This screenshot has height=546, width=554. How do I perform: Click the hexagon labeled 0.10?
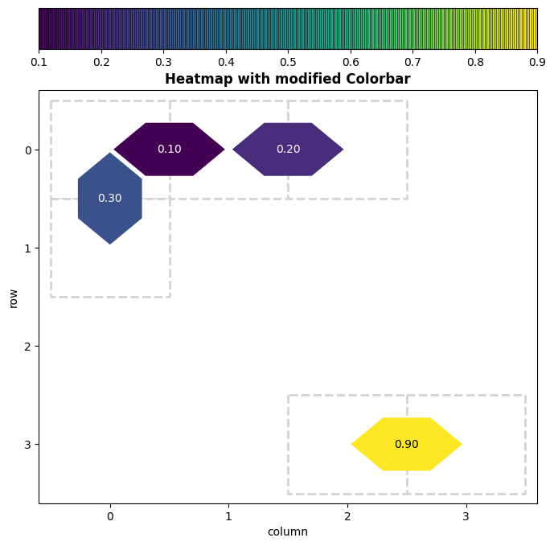click(169, 149)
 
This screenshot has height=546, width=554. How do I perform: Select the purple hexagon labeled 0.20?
click(288, 149)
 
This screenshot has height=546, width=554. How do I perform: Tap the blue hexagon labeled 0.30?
click(110, 199)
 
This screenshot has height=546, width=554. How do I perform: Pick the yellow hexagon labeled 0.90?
click(406, 444)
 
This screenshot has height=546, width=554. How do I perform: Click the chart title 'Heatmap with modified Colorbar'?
click(288, 79)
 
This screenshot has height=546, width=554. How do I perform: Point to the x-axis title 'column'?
click(288, 532)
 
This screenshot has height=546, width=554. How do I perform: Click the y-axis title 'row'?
click(13, 298)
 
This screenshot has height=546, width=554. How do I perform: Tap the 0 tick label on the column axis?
click(110, 515)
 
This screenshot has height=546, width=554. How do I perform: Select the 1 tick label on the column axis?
click(228, 515)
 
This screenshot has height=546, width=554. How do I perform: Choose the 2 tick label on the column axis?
click(347, 515)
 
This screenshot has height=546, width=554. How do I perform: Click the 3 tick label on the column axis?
click(466, 515)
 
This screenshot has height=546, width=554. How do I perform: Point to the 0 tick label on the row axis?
click(27, 150)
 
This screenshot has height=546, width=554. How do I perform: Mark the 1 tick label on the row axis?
click(27, 248)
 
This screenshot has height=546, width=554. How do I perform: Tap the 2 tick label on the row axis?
click(27, 346)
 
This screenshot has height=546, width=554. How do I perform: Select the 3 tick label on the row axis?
click(27, 444)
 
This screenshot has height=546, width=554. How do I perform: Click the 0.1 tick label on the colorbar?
click(39, 62)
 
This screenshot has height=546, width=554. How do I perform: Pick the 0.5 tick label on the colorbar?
click(288, 62)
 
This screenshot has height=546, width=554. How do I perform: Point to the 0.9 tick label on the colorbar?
click(536, 62)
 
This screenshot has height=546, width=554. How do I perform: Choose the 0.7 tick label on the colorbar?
click(412, 62)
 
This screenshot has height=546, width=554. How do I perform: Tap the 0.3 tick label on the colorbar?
click(163, 62)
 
